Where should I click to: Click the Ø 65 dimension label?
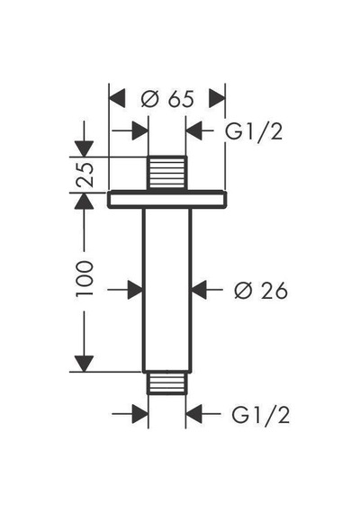pyautogui.click(x=167, y=98)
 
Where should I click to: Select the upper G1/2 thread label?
pyautogui.click(x=254, y=131)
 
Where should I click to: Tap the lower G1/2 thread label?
pyautogui.click(x=260, y=415)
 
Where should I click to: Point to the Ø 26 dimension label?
pyautogui.click(x=261, y=290)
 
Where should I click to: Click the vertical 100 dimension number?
pyautogui.click(x=85, y=278)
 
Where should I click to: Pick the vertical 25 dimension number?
pyautogui.click(x=85, y=174)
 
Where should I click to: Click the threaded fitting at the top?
pyautogui.click(x=166, y=173)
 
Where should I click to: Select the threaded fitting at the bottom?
pyautogui.click(x=166, y=382)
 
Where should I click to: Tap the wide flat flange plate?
pyautogui.click(x=166, y=200)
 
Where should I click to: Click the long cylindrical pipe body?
pyautogui.click(x=166, y=290)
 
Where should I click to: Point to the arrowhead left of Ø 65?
pyautogui.click(x=117, y=98)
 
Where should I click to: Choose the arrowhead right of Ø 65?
pyautogui.click(x=217, y=98)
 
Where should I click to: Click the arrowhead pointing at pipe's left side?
pyautogui.click(x=135, y=290)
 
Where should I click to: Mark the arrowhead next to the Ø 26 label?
pyautogui.click(x=199, y=290)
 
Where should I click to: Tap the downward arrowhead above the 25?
pyautogui.click(x=84, y=148)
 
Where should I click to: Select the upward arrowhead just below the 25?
pyautogui.click(x=84, y=201)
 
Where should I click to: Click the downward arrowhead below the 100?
pyautogui.click(x=84, y=364)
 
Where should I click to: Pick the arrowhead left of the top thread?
pyautogui.click(x=140, y=130)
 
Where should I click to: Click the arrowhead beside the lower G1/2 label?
pyautogui.click(x=194, y=414)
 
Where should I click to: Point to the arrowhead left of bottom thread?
pyautogui.click(x=140, y=414)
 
